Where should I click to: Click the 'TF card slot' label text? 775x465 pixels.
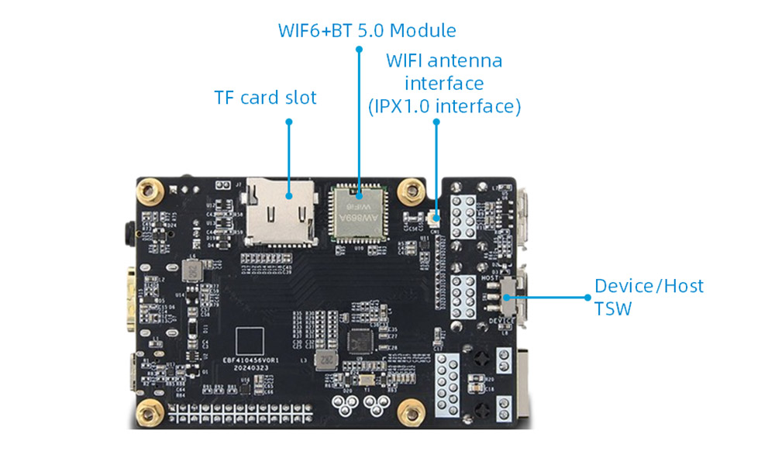[265, 98]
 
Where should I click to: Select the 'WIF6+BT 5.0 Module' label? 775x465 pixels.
[367, 30]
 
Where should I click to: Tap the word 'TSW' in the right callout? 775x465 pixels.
[612, 308]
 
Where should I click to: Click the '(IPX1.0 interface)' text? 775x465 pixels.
[443, 105]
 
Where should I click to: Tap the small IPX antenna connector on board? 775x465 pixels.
[434, 220]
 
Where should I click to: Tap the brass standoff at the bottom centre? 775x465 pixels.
[408, 411]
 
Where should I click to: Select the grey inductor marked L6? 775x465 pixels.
[189, 271]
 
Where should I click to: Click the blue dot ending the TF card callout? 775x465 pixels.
[288, 122]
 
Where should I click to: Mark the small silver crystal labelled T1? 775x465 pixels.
[363, 381]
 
